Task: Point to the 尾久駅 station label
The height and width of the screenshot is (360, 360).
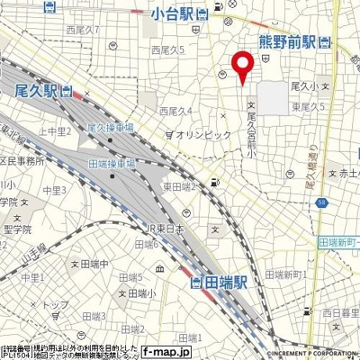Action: coord(37,91)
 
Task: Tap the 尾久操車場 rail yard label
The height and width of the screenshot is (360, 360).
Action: coord(111,130)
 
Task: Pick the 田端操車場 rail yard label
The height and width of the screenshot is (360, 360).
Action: coord(112,164)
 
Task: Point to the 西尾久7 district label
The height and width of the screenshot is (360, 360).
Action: coord(83,30)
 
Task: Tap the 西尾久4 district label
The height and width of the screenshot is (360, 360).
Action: coord(176,112)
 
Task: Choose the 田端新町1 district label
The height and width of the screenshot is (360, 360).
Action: coord(288,273)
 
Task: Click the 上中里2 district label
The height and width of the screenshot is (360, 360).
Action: coord(56,131)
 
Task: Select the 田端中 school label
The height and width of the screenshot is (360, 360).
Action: coord(93,264)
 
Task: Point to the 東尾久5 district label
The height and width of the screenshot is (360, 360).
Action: coord(308,106)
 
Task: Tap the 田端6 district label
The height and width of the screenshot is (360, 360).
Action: coord(145,244)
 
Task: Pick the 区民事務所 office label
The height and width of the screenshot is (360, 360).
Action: coord(22,160)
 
